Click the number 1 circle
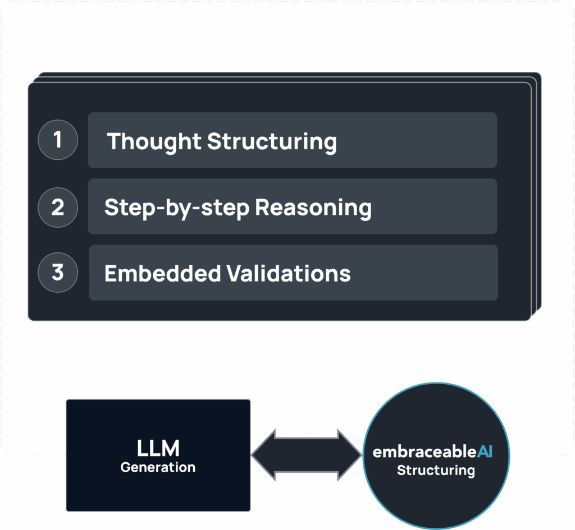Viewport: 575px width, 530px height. (57, 140)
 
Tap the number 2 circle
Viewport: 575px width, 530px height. (57, 207)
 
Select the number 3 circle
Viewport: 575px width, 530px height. (57, 273)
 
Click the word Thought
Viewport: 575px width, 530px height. (154, 141)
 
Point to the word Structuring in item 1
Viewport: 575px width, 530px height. (272, 141)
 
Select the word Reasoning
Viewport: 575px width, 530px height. (313, 208)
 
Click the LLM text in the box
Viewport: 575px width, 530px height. (158, 449)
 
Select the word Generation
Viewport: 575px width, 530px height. (158, 467)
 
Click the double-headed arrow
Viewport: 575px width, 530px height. (306, 455)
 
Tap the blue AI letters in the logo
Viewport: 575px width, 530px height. (485, 452)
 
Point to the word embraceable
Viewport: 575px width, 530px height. (425, 452)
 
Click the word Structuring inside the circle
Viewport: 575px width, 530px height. (436, 470)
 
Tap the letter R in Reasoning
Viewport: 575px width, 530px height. (262, 207)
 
